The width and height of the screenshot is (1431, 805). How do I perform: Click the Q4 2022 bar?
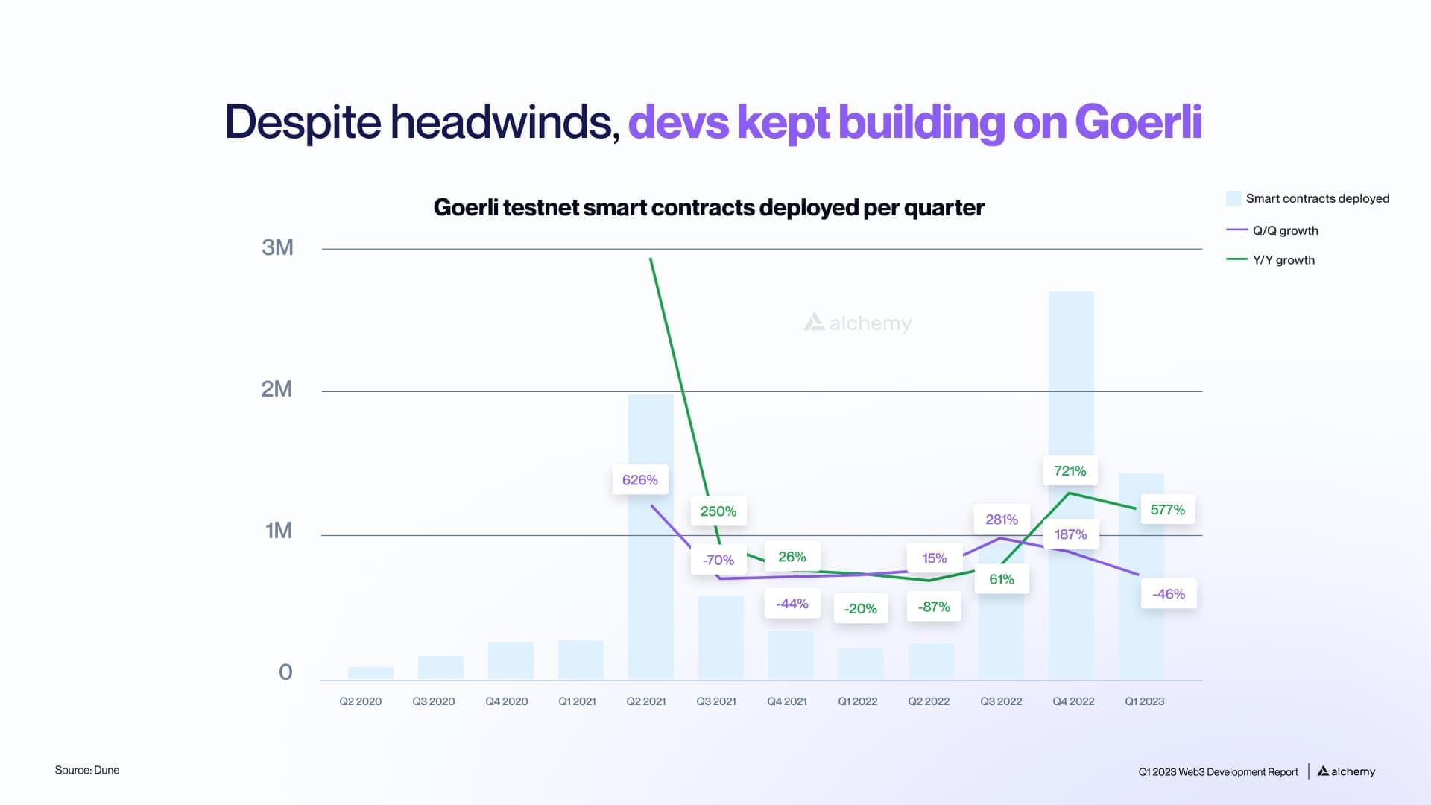tap(1071, 373)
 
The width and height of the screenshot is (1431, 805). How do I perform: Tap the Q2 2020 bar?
tap(370, 673)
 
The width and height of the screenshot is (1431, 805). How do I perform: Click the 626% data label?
tap(640, 480)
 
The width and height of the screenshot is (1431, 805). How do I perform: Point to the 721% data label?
tap(1070, 471)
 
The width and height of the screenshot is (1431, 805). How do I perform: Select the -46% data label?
tap(1169, 594)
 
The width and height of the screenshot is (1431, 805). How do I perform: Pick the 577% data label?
tap(1167, 510)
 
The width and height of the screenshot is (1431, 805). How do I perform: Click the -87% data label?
tap(934, 607)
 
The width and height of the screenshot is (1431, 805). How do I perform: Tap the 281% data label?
tap(1002, 520)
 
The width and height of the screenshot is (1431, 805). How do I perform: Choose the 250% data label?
tap(718, 511)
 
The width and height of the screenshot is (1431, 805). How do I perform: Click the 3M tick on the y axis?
tap(277, 247)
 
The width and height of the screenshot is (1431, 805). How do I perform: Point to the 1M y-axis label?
tap(279, 531)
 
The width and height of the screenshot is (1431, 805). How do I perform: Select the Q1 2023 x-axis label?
tap(1144, 701)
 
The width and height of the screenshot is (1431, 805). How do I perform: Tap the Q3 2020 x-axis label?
tap(434, 701)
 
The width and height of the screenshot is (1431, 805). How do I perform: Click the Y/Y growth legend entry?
tap(1283, 260)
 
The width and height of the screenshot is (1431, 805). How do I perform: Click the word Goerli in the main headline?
tap(1138, 121)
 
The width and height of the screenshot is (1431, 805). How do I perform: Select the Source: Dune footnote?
tap(87, 770)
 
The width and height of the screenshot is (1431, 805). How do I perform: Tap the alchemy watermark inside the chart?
tap(858, 323)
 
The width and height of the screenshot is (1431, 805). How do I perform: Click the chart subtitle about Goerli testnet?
tap(709, 207)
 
